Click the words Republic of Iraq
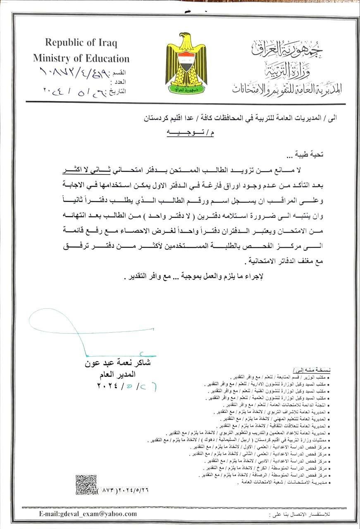81,42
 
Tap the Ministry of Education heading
81,58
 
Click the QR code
86,485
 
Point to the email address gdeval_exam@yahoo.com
88,514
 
